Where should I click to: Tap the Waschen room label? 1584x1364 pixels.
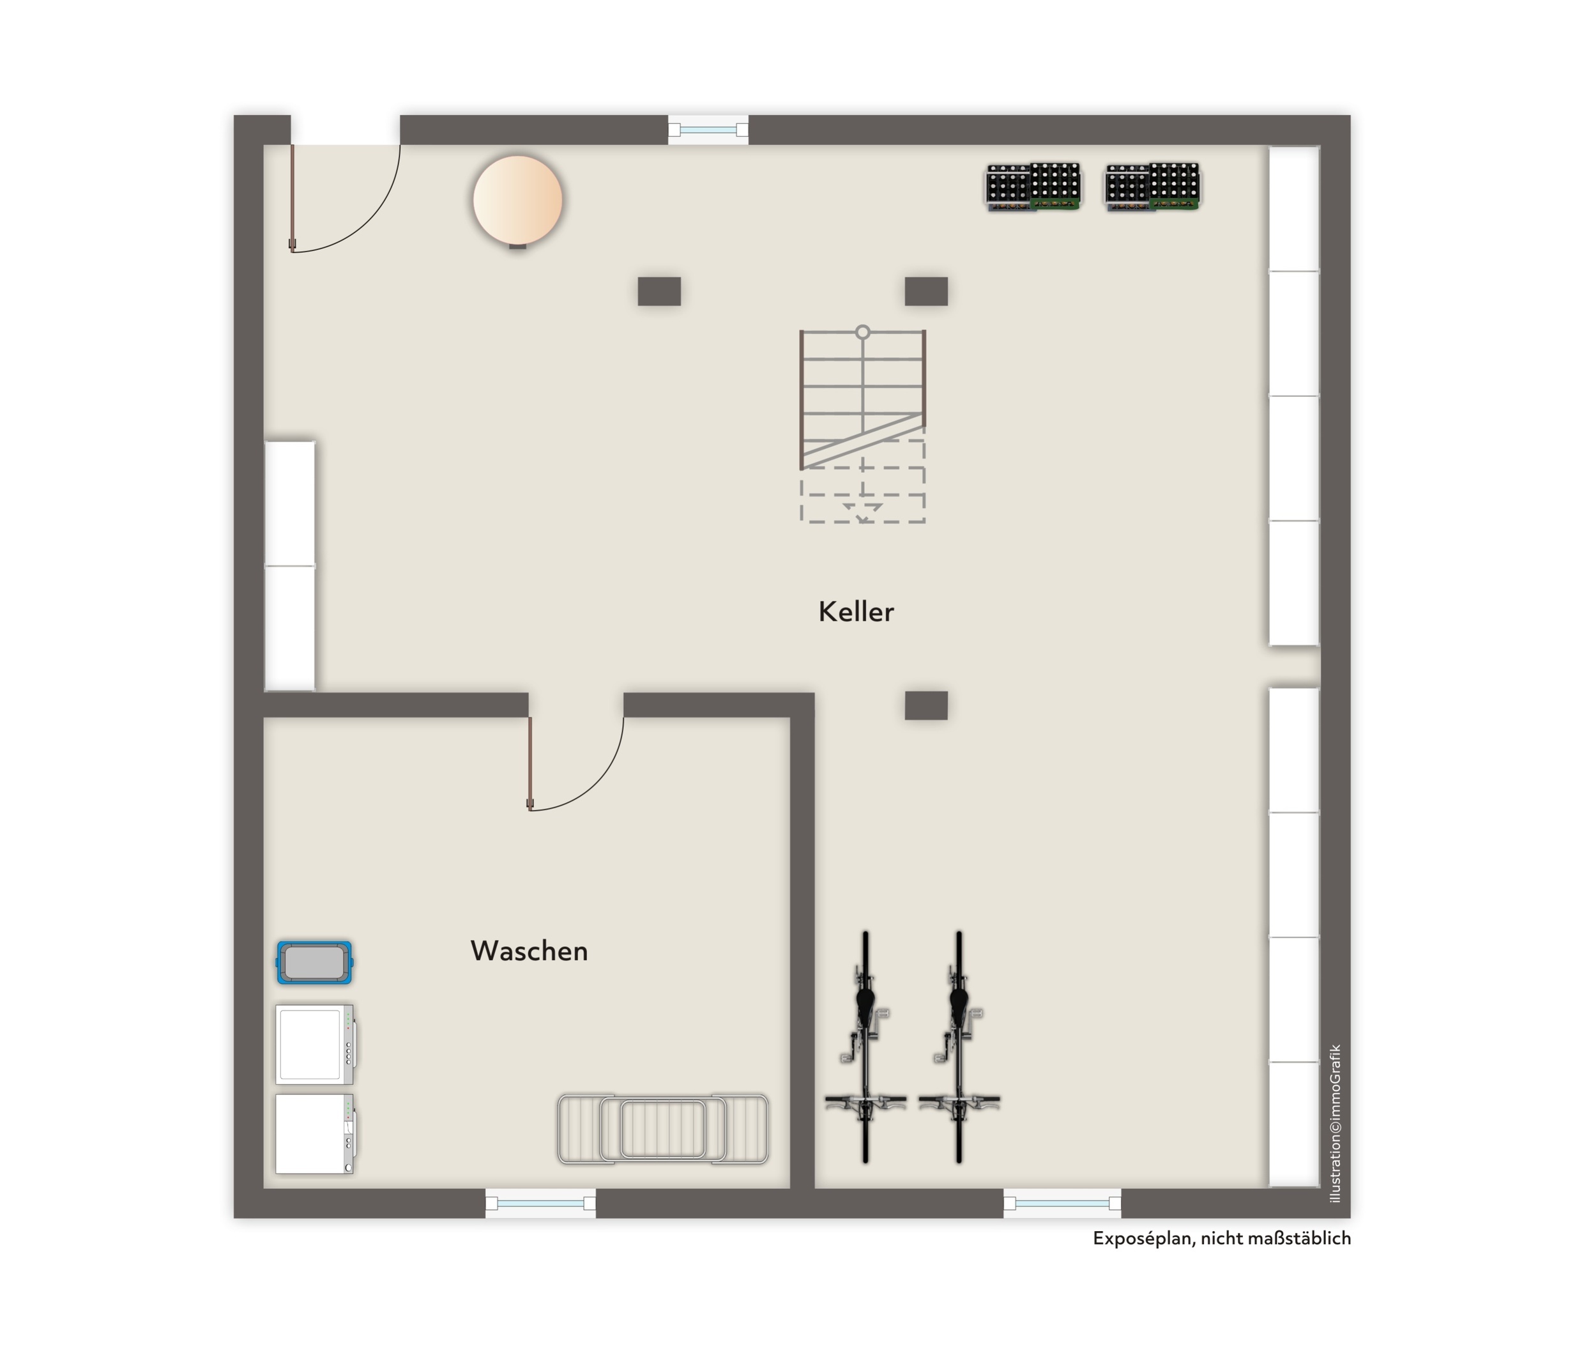point(529,951)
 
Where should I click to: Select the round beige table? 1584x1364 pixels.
point(517,199)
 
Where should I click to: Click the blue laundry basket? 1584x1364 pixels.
point(314,962)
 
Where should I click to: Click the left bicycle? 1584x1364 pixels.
point(865,1048)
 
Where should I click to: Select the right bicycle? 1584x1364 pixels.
point(959,1048)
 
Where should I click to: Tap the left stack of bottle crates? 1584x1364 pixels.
point(1033,187)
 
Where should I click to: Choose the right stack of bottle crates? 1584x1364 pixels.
point(1152,187)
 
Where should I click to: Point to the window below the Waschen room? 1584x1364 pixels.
point(540,1204)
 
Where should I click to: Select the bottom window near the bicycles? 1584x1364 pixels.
point(1062,1204)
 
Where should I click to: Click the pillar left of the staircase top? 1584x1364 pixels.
point(659,291)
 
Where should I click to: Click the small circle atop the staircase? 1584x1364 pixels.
point(862,332)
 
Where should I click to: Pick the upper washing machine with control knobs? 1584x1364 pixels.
point(314,1045)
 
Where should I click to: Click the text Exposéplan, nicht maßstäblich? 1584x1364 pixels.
point(1221,1239)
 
